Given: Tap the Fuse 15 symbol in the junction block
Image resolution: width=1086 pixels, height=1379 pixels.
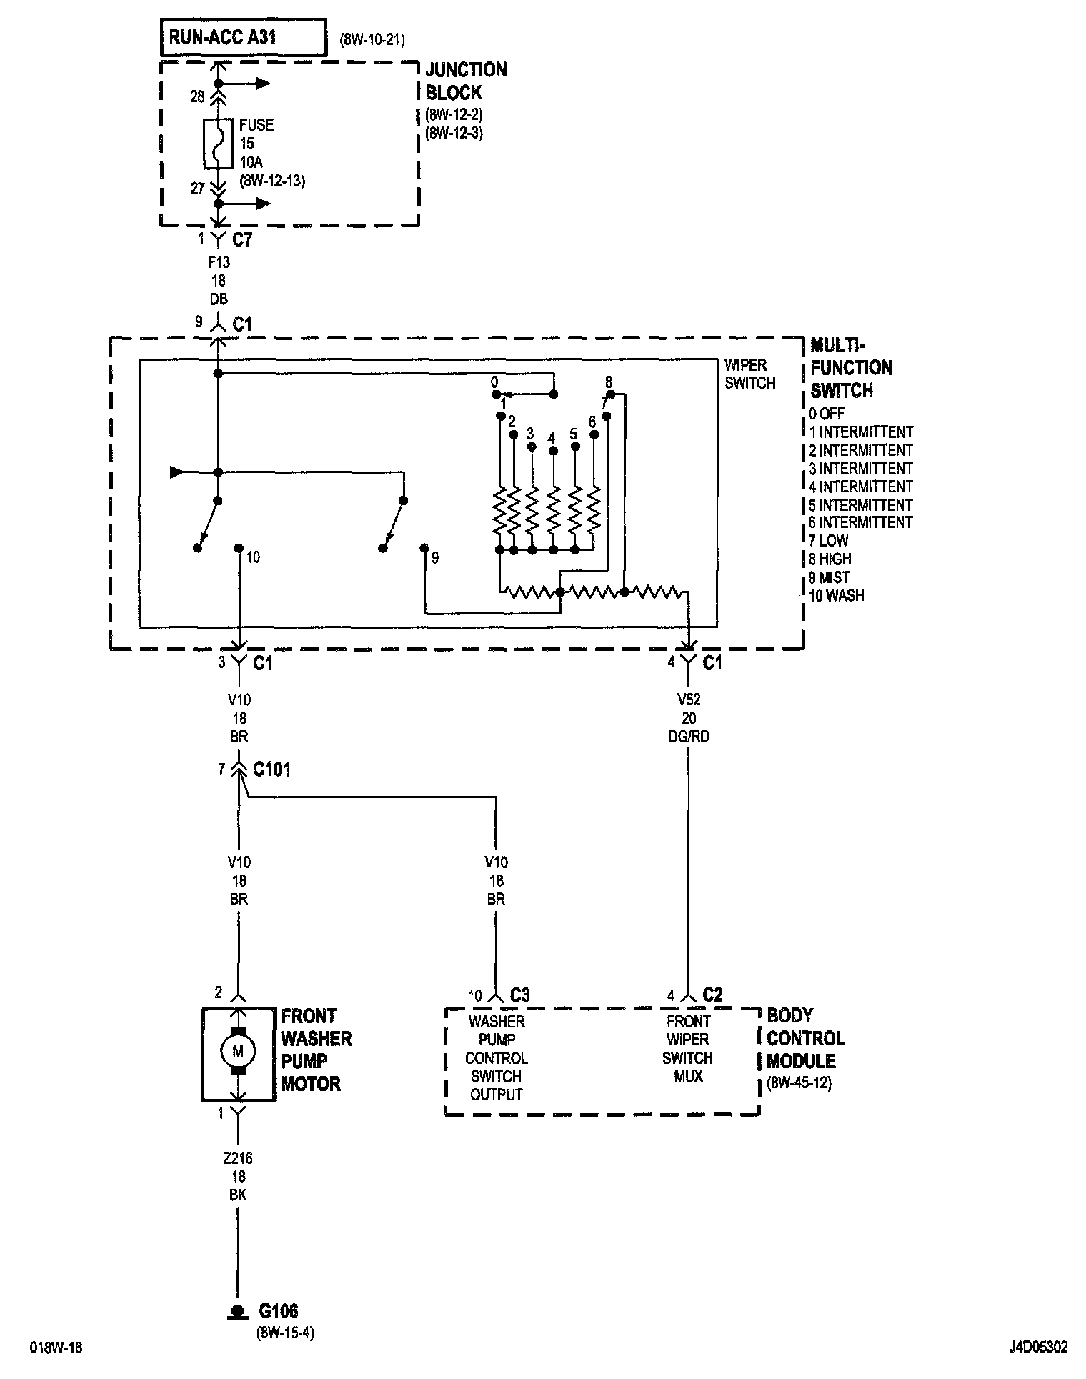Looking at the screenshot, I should (219, 144).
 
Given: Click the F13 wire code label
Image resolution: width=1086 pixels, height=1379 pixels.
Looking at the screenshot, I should (219, 262).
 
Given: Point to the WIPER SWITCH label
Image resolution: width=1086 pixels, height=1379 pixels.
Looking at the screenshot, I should (749, 374).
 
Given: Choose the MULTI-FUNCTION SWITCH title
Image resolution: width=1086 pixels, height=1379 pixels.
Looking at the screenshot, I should (851, 368).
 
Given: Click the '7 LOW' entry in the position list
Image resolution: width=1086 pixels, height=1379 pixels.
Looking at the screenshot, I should (830, 541).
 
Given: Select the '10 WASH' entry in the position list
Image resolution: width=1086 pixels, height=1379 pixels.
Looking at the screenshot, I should (836, 595).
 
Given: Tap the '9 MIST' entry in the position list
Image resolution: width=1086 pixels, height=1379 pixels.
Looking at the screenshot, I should (830, 577).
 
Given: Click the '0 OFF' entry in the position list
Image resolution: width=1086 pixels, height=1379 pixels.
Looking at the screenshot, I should (827, 414).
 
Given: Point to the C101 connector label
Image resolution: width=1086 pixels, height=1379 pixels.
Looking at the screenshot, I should (271, 770).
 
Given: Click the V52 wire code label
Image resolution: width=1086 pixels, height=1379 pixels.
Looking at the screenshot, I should (689, 700).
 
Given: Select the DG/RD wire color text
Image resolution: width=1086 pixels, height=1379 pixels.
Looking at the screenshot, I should (689, 737).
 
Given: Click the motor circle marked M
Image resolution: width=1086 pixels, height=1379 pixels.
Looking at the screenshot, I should (239, 1050).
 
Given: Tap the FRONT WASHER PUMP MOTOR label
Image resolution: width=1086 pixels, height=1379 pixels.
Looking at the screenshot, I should (316, 1050).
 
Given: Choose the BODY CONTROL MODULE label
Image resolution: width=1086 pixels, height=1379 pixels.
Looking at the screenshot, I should (805, 1038).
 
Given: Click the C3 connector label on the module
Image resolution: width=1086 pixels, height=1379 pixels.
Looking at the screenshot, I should (519, 995).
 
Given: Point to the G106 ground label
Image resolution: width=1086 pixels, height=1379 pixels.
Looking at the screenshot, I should (278, 1311).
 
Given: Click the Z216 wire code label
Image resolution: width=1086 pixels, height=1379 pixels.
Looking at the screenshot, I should (239, 1158).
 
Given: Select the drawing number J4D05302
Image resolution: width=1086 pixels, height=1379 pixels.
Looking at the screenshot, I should (1038, 1347).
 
